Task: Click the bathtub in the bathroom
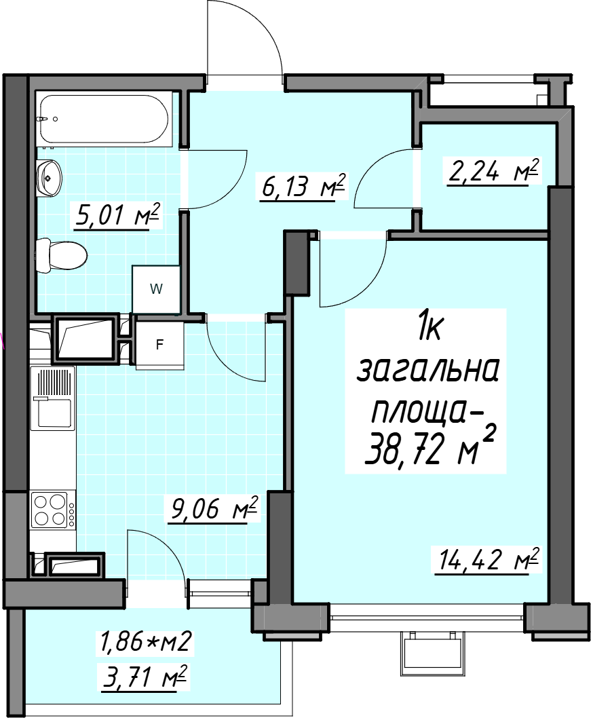point(104,119)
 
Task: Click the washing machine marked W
point(157,289)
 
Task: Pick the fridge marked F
point(159,344)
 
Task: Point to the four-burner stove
point(53,510)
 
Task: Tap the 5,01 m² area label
point(117,216)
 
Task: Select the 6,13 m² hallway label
point(303,185)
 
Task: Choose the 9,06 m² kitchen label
point(214,508)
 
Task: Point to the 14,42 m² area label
point(487,559)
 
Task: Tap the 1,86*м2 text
point(143,642)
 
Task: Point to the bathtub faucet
point(42,119)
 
